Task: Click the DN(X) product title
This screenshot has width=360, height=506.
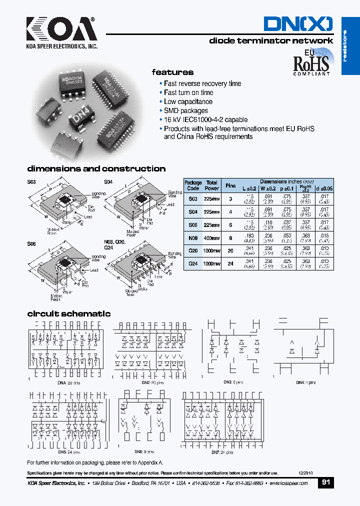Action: (298, 23)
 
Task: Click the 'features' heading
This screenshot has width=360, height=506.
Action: (172, 72)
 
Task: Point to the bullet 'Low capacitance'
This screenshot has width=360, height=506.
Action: (188, 101)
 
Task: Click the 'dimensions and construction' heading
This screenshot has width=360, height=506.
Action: (96, 169)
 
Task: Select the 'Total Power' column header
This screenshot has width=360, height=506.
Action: (212, 185)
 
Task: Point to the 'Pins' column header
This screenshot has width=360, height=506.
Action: (230, 185)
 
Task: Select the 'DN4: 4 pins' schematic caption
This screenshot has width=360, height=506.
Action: (305, 382)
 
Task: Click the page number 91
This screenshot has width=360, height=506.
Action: (325, 483)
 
